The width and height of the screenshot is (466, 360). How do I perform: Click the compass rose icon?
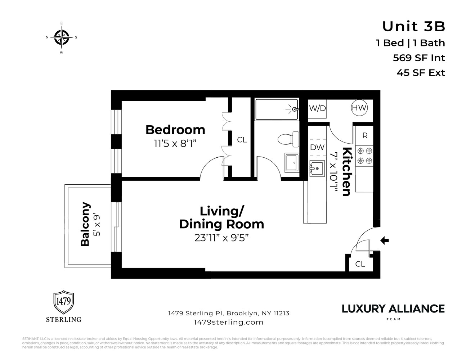62,37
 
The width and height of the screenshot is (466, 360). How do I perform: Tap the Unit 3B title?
413,27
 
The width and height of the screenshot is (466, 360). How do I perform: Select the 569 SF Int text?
419,58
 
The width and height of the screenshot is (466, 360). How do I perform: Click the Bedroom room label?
175,130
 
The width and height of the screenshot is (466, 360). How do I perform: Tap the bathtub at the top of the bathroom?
277,109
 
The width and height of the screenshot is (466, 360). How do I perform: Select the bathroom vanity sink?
292,163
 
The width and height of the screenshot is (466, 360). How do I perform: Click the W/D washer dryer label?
317,108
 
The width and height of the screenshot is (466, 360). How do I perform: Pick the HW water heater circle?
359,108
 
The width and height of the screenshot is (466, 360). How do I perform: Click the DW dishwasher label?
317,147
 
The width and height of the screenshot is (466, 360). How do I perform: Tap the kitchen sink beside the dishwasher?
317,168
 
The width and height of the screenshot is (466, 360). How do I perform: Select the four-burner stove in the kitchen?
364,156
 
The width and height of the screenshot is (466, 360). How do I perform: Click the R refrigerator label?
365,136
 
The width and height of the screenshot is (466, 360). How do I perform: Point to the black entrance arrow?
385,240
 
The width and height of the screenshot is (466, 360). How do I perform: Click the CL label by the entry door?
360,264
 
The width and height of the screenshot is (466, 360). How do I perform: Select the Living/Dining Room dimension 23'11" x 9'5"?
221,238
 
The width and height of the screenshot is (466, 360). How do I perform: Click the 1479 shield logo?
64,302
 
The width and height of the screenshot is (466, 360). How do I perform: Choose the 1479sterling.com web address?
228,322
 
